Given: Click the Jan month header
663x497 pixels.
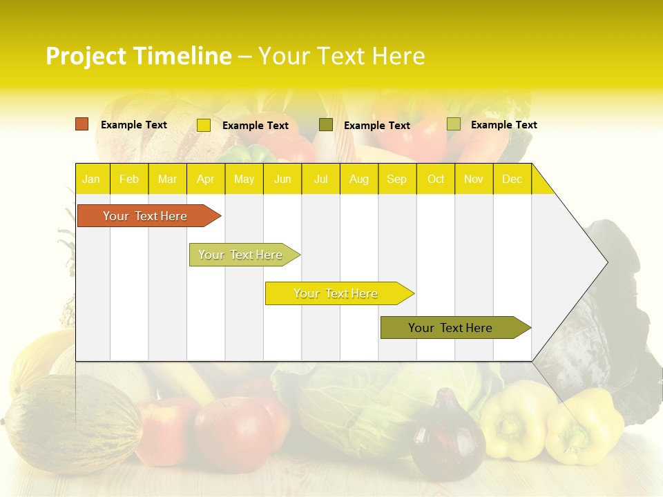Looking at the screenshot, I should (x=91, y=179).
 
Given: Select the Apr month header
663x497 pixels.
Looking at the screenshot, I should (x=205, y=179).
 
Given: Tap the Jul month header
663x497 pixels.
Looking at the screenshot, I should (x=320, y=179).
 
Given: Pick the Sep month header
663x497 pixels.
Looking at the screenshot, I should (x=396, y=179).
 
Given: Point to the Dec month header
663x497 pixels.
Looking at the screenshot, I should (x=512, y=179).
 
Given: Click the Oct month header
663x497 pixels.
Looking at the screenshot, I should (x=435, y=179).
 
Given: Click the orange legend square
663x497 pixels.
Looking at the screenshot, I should (x=82, y=124).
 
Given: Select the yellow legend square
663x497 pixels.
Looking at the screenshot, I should (x=204, y=125).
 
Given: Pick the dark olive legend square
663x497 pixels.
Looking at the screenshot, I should (x=326, y=124).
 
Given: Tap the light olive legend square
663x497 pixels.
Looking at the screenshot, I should (x=454, y=124).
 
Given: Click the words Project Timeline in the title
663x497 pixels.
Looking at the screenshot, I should (x=138, y=56).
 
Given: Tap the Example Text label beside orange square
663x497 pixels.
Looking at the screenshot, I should (x=133, y=125).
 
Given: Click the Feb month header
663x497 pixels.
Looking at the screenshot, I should (x=128, y=179).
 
